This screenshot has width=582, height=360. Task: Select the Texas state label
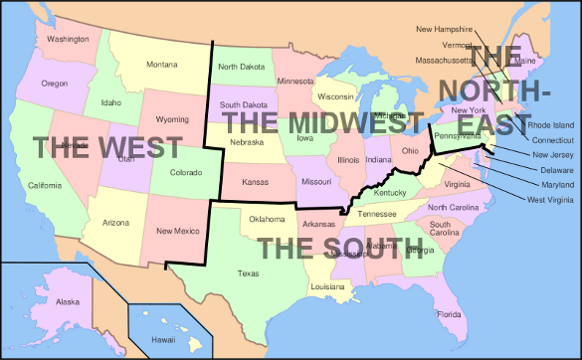[249, 272]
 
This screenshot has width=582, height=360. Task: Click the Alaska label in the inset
[68, 301]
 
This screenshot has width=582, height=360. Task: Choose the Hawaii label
[163, 339]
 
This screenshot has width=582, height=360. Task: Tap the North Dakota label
[240, 67]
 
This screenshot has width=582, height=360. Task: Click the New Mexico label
[179, 231]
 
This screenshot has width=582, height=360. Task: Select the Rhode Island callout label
[550, 125]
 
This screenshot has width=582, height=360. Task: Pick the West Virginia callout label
[549, 200]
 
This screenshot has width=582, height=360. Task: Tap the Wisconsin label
[335, 96]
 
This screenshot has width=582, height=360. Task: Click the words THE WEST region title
[107, 147]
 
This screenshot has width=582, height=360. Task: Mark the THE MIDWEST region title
[315, 123]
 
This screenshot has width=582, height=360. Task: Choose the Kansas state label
[255, 183]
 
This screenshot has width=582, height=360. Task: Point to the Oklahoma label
[267, 219]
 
